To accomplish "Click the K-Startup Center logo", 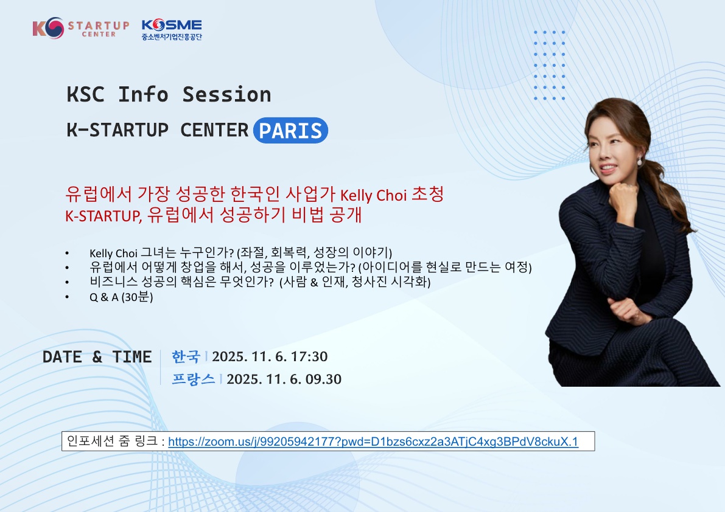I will coord(80,29).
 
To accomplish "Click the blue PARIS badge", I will coord(290,130).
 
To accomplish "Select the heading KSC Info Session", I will coord(169,95).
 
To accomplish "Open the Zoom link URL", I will coord(373,441).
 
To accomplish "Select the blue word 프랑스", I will coord(194,379).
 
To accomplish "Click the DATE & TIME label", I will coord(97,357).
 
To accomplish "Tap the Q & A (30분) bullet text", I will coord(121,297).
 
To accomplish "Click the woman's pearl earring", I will coord(639,162).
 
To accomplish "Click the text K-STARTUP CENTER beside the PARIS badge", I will coord(158,130).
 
